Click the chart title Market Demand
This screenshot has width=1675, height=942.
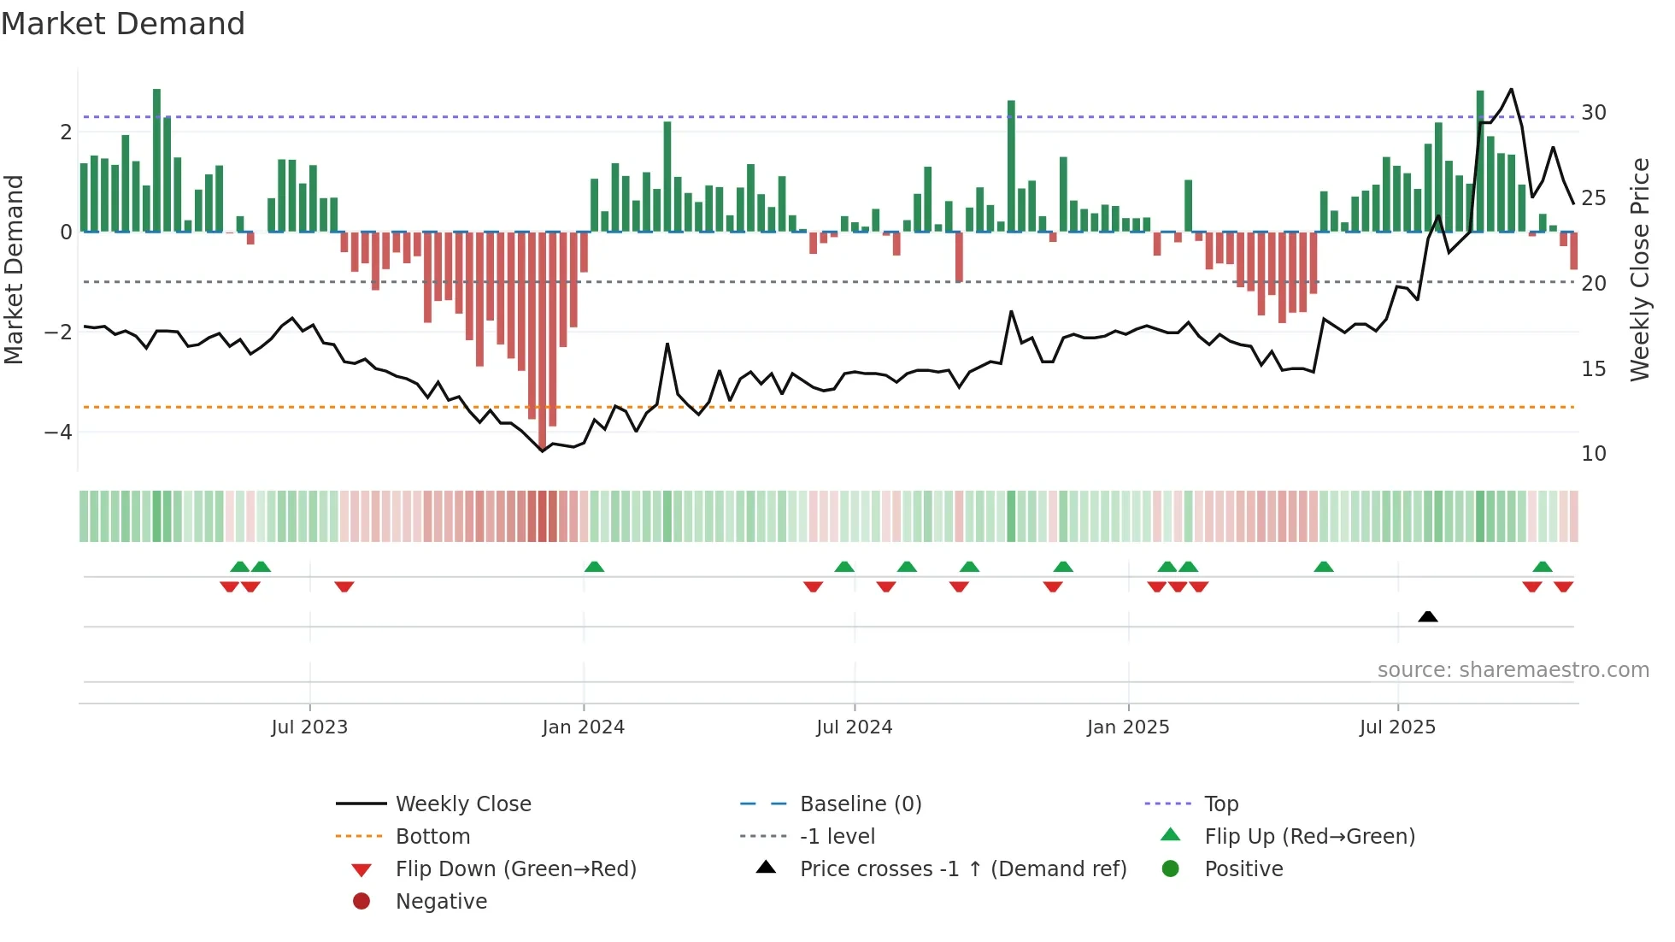pos(123,24)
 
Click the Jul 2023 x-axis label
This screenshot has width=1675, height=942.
pos(309,727)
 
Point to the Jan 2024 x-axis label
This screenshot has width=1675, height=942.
pos(583,727)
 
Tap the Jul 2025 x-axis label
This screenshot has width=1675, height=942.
pos(1397,727)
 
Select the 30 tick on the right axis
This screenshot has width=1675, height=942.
pos(1593,113)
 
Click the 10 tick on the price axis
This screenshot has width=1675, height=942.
pos(1593,454)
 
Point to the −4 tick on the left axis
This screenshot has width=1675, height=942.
pos(58,433)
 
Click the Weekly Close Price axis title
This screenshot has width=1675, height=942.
pos(1639,269)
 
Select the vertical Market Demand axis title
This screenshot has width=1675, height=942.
pos(14,269)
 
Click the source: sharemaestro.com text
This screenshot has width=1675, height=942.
pos(1513,670)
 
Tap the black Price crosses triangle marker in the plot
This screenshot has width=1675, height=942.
pos(1427,616)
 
